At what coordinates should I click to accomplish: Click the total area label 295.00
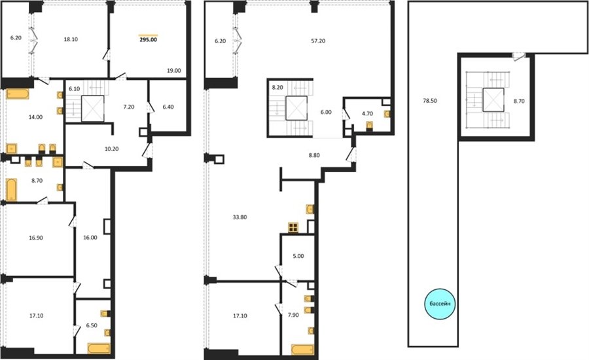pyautogui.click(x=149, y=39)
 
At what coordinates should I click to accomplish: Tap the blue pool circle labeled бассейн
pyautogui.click(x=440, y=304)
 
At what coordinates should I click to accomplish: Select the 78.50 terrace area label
pyautogui.click(x=430, y=101)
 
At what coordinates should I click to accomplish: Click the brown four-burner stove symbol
pyautogui.click(x=293, y=227)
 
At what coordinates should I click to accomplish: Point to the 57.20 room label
pyautogui.click(x=318, y=41)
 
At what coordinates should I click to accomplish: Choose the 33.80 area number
pyautogui.click(x=240, y=217)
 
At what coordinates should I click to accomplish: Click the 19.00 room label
pyautogui.click(x=174, y=70)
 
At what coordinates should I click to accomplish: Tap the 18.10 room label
pyautogui.click(x=71, y=39)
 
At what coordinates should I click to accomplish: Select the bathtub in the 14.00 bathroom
pyautogui.click(x=18, y=94)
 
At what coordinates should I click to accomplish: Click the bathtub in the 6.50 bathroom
pyautogui.click(x=99, y=348)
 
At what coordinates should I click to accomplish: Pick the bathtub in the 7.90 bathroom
pyautogui.click(x=303, y=350)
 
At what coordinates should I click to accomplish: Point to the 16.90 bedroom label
pyautogui.click(x=36, y=238)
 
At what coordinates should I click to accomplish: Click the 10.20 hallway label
pyautogui.click(x=111, y=149)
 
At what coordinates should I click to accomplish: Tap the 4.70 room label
pyautogui.click(x=367, y=113)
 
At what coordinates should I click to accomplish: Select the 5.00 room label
pyautogui.click(x=298, y=256)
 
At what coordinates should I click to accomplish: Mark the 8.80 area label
pyautogui.click(x=314, y=155)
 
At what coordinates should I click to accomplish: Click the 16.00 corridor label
pyautogui.click(x=90, y=238)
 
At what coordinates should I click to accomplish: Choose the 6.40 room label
pyautogui.click(x=168, y=107)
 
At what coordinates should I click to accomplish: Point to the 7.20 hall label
pyautogui.click(x=128, y=107)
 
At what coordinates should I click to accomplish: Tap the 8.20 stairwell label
pyautogui.click(x=277, y=87)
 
